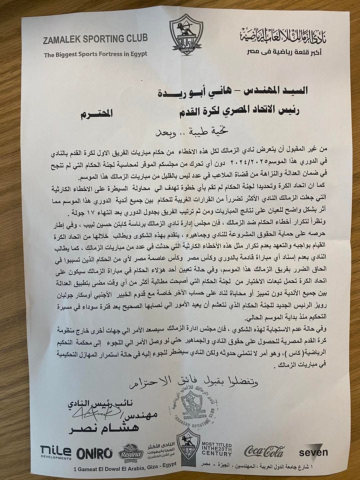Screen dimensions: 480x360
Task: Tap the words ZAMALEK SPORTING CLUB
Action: tap(95, 39)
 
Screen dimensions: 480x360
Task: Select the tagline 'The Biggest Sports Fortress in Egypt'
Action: tap(95, 54)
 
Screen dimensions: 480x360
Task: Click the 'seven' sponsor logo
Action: tap(313, 452)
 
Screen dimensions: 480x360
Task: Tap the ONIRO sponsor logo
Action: tap(94, 453)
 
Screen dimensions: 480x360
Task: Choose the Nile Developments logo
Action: tap(56, 453)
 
